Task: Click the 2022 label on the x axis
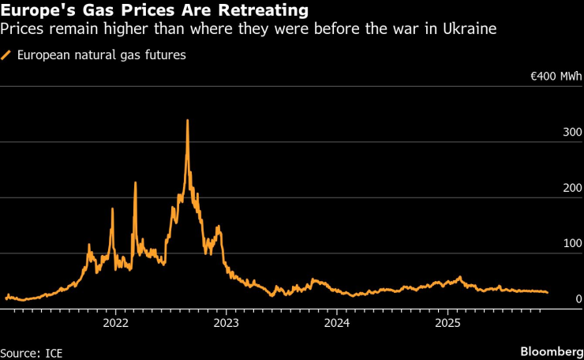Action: [x=115, y=323]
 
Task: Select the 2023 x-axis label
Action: [x=226, y=323]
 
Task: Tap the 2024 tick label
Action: [x=337, y=323]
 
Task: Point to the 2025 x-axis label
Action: [x=447, y=323]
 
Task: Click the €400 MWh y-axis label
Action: [x=556, y=77]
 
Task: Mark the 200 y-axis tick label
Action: [x=571, y=188]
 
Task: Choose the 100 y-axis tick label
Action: [x=571, y=244]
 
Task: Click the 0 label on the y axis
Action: [x=578, y=299]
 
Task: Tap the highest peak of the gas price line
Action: [x=187, y=121]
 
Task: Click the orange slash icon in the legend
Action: [x=7, y=56]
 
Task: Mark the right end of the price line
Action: [x=548, y=292]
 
